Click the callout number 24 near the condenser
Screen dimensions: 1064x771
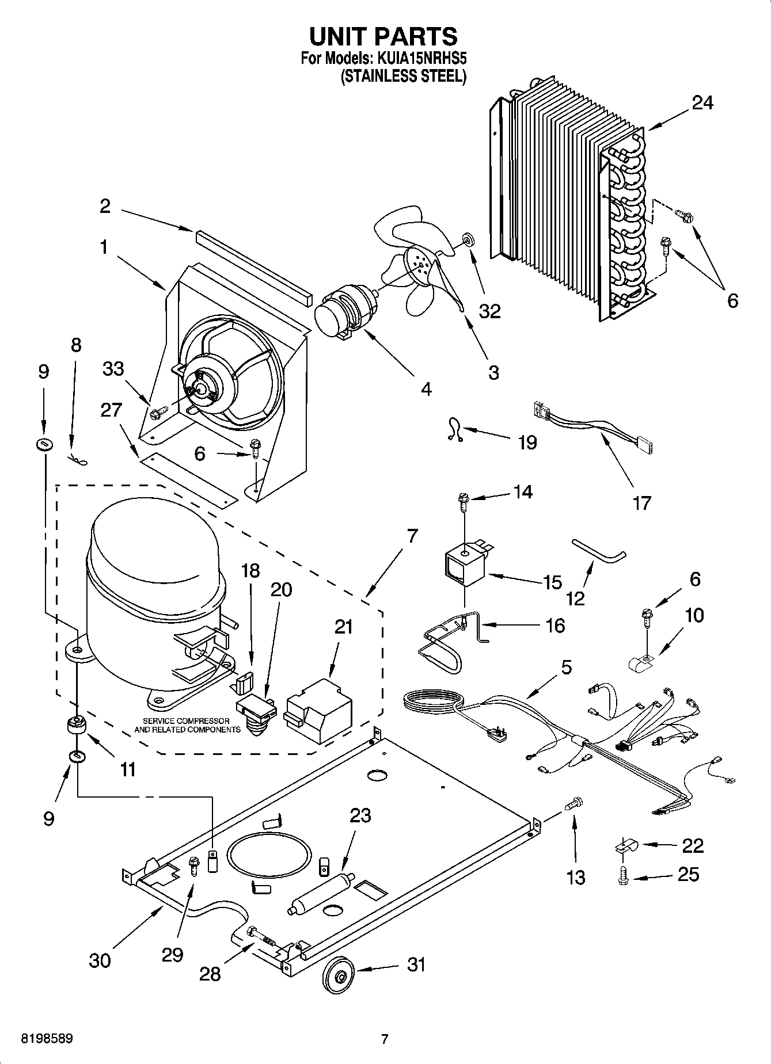click(x=702, y=103)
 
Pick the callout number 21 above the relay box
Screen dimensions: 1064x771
click(x=344, y=626)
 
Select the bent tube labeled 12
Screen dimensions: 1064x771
click(x=598, y=551)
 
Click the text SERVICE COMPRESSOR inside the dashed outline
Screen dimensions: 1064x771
click(x=186, y=721)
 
